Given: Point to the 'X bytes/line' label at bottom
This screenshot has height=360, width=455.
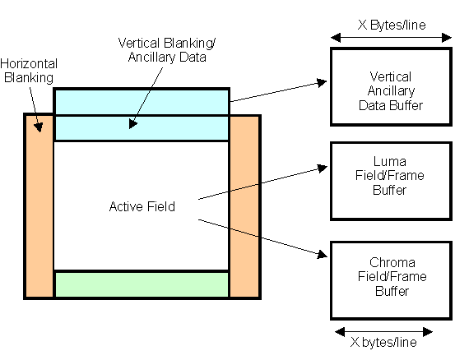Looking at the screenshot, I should [384, 342].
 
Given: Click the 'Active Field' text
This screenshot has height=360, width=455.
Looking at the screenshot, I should [142, 206].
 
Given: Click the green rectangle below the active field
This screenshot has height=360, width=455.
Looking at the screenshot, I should [141, 284].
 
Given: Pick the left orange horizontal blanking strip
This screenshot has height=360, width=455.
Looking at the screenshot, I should [39, 205].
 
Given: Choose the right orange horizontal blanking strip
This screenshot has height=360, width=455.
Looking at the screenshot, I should [244, 205].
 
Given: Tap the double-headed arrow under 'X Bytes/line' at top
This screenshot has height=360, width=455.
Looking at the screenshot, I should [391, 37].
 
